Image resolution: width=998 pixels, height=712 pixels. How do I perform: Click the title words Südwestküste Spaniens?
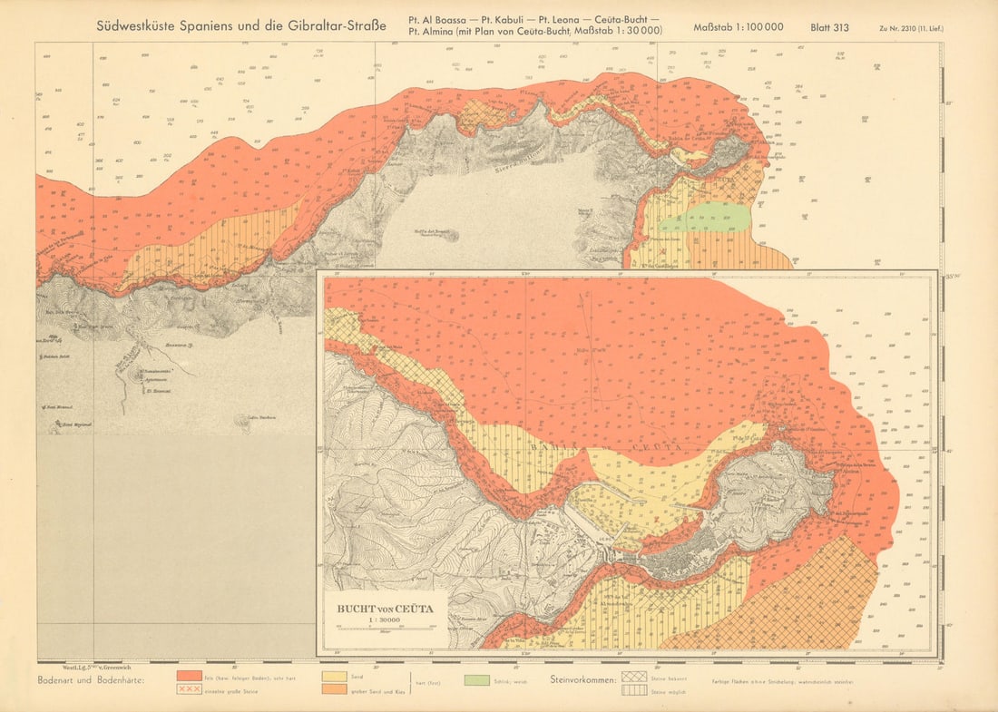point(186,26)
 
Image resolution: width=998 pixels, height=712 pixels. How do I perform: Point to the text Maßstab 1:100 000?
point(738,27)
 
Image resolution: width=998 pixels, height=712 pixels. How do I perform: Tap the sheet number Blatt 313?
point(829,27)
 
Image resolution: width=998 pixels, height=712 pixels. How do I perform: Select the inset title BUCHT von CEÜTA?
point(386,609)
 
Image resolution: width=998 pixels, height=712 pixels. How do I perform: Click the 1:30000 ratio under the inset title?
point(386,619)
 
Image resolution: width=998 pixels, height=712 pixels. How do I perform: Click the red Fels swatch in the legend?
point(189,677)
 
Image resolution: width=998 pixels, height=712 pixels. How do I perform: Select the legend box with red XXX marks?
point(189,689)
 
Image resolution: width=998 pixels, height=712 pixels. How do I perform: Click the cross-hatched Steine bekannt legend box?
point(632,677)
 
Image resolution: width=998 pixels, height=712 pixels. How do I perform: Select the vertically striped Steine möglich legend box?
point(632,690)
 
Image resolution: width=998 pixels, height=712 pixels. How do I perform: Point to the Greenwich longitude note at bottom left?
point(80,666)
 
